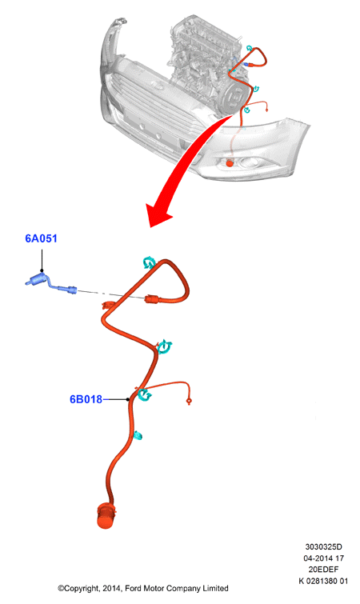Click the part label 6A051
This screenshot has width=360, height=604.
click(41, 238)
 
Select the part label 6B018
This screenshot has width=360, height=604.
click(86, 399)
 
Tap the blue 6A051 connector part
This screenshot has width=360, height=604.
click(51, 283)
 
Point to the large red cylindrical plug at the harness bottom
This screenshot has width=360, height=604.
click(106, 515)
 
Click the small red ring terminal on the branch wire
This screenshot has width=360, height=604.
click(189, 402)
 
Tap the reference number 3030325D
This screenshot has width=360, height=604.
click(323, 546)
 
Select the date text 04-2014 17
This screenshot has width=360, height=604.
click(323, 558)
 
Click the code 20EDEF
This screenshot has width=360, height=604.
click(323, 569)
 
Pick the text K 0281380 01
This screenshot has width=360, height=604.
click(323, 581)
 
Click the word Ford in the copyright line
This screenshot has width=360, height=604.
click(134, 588)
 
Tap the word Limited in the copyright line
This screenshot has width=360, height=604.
click(215, 588)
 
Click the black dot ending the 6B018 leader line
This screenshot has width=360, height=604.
click(128, 399)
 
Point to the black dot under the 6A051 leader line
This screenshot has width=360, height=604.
click(42, 270)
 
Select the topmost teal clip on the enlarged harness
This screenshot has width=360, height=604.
click(148, 262)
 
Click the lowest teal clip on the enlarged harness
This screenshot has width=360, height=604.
click(138, 436)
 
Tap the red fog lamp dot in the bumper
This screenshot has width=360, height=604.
click(230, 163)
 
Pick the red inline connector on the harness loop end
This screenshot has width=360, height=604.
click(152, 299)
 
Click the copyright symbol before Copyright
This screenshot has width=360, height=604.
click(61, 588)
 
